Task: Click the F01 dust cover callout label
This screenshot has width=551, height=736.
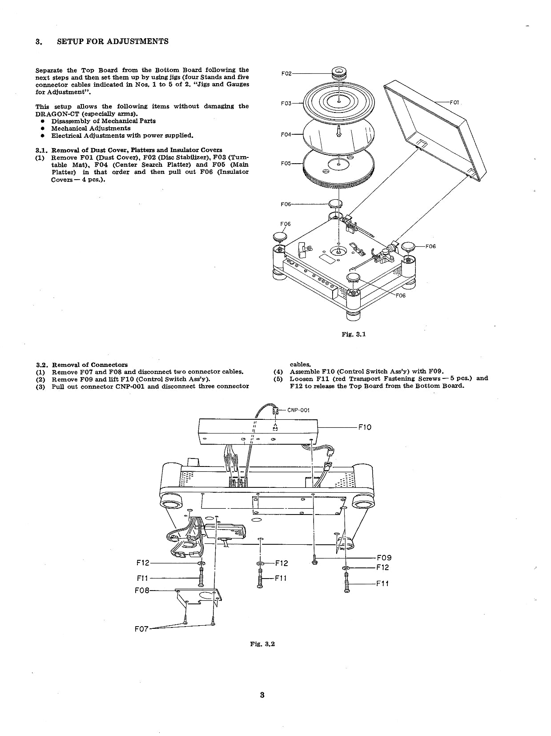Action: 454,103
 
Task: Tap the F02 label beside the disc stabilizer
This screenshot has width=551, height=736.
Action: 286,74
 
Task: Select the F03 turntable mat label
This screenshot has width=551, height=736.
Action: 286,104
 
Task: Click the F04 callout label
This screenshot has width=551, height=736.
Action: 286,135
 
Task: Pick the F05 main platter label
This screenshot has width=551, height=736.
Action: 286,164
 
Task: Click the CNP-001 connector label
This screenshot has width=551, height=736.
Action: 298,410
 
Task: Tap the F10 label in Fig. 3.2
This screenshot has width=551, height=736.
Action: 365,427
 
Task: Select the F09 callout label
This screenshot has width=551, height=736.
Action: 384,558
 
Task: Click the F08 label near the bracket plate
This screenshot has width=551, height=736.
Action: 142,590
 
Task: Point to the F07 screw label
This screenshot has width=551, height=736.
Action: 141,629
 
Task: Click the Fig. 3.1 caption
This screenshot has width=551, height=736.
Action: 354,334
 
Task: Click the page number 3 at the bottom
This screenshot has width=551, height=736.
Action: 262,695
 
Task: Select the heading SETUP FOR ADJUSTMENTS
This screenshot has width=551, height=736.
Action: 113,41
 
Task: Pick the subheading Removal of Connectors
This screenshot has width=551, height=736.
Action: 90,365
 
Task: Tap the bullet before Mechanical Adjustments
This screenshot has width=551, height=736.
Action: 43,129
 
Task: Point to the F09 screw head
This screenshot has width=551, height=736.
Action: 314,562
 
